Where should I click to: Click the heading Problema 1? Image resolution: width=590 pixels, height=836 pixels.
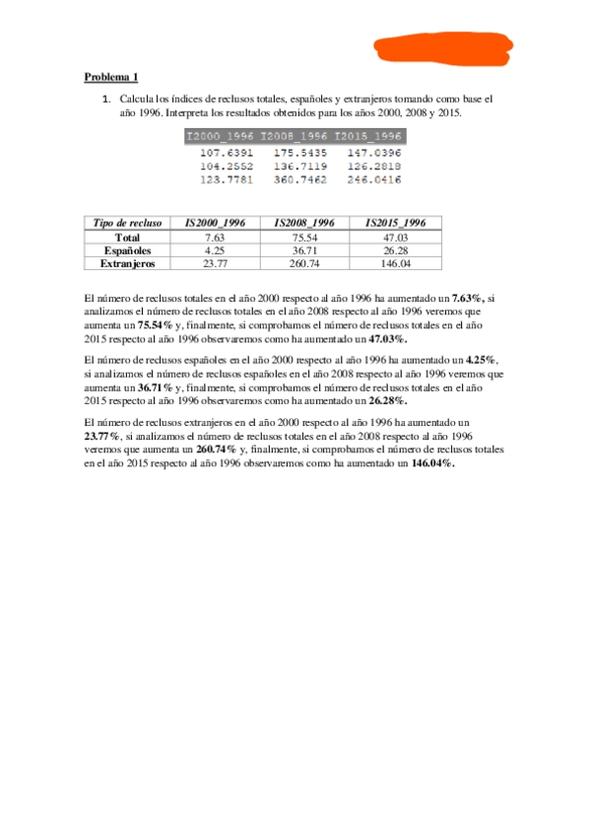tap(110, 77)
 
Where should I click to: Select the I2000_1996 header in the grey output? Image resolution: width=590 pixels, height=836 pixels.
tap(220, 135)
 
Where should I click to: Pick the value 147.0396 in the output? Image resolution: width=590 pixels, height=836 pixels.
tap(372, 154)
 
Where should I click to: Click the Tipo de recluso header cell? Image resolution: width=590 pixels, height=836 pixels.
tap(127, 223)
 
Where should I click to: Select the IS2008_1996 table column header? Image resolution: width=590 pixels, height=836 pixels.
tap(305, 223)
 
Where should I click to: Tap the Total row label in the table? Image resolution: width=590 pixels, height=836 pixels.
tap(127, 237)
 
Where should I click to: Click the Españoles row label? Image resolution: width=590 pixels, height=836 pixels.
tap(127, 250)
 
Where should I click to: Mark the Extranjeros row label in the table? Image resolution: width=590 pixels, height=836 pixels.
tap(127, 263)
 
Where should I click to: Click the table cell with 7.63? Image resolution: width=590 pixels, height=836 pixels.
tap(216, 237)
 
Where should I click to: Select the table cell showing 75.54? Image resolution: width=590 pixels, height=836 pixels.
tap(305, 237)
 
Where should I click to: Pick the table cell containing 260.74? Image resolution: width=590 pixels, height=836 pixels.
tap(305, 263)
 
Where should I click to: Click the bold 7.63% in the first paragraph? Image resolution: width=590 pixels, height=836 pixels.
tap(468, 297)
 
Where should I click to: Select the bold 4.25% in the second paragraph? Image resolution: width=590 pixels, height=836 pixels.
tap(480, 360)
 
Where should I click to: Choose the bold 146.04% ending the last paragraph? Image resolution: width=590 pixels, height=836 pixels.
tap(432, 462)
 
